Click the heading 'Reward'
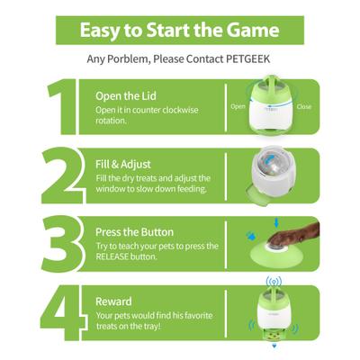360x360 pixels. click(x=114, y=301)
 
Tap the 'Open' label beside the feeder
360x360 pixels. click(x=238, y=106)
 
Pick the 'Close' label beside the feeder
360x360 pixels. click(x=304, y=106)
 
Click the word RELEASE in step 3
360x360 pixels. click(x=118, y=256)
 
